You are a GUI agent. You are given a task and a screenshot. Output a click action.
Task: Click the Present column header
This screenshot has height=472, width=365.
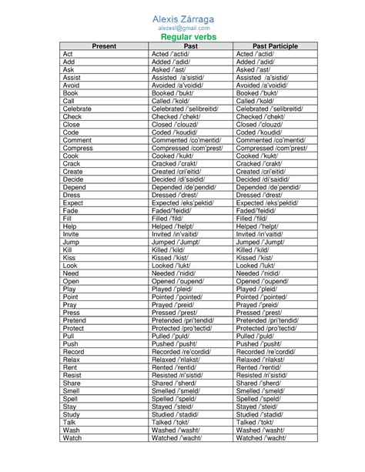coord(104,46)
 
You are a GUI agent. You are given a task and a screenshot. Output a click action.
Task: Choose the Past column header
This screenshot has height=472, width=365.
coord(191,46)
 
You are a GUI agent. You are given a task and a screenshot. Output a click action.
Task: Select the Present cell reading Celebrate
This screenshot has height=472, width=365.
coord(77,109)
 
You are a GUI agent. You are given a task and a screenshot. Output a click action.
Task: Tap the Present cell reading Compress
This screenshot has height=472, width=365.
coord(78,148)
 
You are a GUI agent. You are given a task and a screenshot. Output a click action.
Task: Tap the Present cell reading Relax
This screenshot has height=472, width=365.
coord(72,359)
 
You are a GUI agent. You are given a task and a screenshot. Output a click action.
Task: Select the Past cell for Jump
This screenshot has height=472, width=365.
coord(176,242)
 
